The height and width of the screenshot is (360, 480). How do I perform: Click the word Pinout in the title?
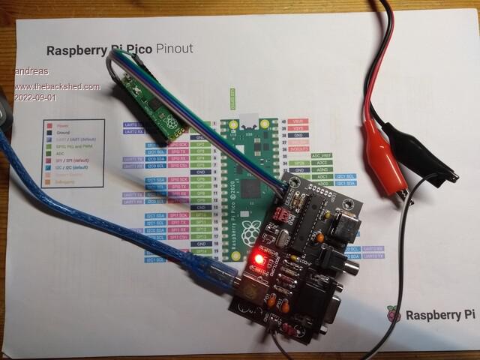[x=174, y=49]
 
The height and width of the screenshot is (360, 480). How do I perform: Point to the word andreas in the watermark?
[x=31, y=71]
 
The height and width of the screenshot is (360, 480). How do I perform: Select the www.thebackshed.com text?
[x=57, y=86]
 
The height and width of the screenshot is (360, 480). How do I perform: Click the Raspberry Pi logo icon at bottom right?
[x=394, y=314]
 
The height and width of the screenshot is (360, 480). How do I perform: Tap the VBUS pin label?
[x=298, y=121]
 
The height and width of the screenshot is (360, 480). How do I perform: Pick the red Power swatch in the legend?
[x=49, y=126]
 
